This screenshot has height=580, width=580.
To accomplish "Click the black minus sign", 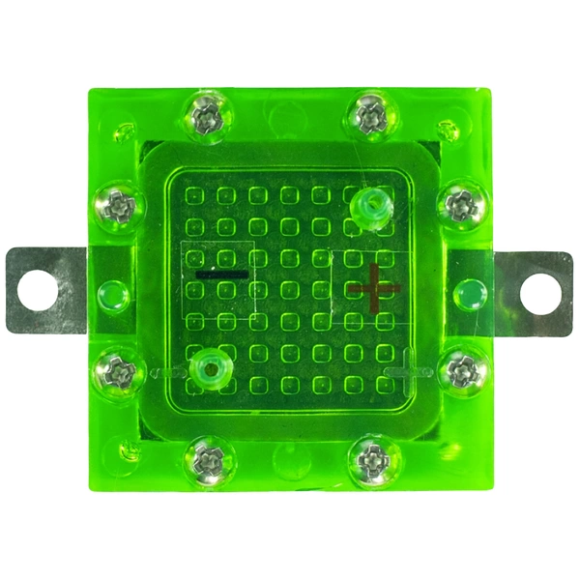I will click(x=221, y=275).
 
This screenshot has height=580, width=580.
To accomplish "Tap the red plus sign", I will click(x=374, y=287).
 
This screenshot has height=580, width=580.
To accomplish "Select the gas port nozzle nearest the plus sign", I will click(x=368, y=207).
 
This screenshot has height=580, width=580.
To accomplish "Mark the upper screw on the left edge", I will click(x=119, y=205).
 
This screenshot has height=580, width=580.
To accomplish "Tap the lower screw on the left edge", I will click(x=120, y=370).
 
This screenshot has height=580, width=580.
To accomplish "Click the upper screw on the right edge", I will click(x=459, y=204).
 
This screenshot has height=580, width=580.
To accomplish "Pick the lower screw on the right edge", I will click(x=461, y=369).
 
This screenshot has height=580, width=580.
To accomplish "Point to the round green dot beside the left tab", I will click(x=112, y=293).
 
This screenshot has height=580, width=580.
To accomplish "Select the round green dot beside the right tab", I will click(x=468, y=293).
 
